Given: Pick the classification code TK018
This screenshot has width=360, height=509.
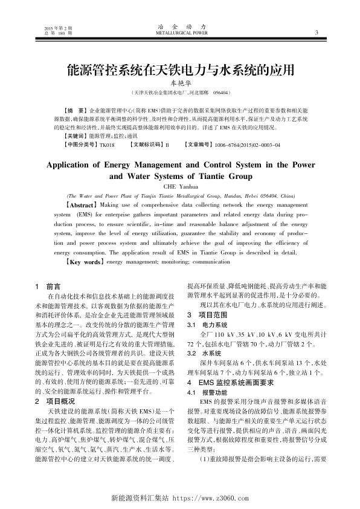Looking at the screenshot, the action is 107,146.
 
